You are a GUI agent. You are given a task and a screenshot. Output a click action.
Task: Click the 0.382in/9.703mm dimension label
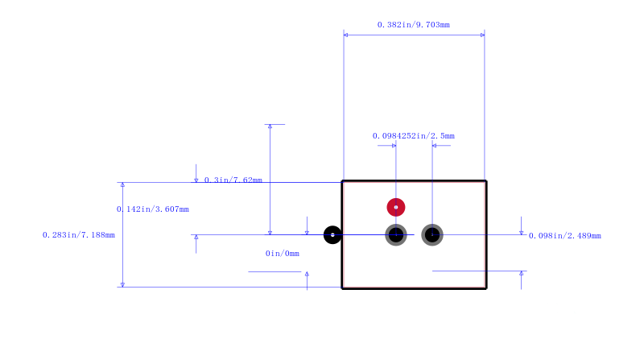point(414,25)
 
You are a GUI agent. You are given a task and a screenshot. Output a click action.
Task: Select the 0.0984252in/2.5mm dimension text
point(414,135)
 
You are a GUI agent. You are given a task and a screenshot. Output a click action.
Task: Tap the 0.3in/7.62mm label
point(233,180)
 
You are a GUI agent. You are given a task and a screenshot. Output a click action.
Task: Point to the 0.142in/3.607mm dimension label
point(153,209)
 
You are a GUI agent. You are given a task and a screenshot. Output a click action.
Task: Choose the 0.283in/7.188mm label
point(79,235)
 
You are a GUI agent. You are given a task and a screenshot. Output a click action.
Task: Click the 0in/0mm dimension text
point(283,254)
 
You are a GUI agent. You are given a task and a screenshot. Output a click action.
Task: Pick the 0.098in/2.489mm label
point(565,236)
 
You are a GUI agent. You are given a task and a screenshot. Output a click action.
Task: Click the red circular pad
point(396,207)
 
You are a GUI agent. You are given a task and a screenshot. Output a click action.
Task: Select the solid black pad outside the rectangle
point(332,235)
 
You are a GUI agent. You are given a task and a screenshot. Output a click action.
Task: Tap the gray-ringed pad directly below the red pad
point(396,235)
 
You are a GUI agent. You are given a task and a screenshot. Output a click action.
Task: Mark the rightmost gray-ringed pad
point(432,235)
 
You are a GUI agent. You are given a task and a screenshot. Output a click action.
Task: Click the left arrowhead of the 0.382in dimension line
point(345,35)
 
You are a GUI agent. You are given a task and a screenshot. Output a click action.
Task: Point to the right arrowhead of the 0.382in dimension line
point(482,35)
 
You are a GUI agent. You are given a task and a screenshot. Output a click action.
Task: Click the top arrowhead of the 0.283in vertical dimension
point(122,184)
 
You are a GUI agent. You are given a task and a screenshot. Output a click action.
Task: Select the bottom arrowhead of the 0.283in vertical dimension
point(122,285)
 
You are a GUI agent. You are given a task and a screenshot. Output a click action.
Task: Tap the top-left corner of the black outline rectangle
point(342,181)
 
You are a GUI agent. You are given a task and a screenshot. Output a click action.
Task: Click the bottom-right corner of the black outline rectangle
point(486,288)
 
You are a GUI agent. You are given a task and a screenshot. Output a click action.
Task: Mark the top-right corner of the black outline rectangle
point(486,181)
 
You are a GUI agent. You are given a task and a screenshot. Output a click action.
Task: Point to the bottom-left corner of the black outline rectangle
point(342,288)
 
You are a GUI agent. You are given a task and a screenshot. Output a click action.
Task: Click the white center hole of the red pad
point(396,207)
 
